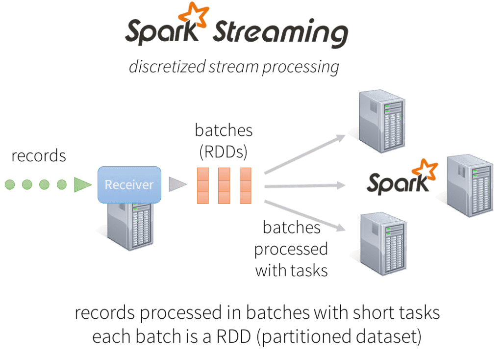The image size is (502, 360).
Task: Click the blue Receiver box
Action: [129, 185]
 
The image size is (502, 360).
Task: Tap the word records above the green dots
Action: [39, 156]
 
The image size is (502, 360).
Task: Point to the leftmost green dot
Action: [10, 185]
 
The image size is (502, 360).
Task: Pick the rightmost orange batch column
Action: [246, 186]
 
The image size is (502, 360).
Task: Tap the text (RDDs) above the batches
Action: [224, 151]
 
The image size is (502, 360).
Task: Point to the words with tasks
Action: [291, 269]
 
